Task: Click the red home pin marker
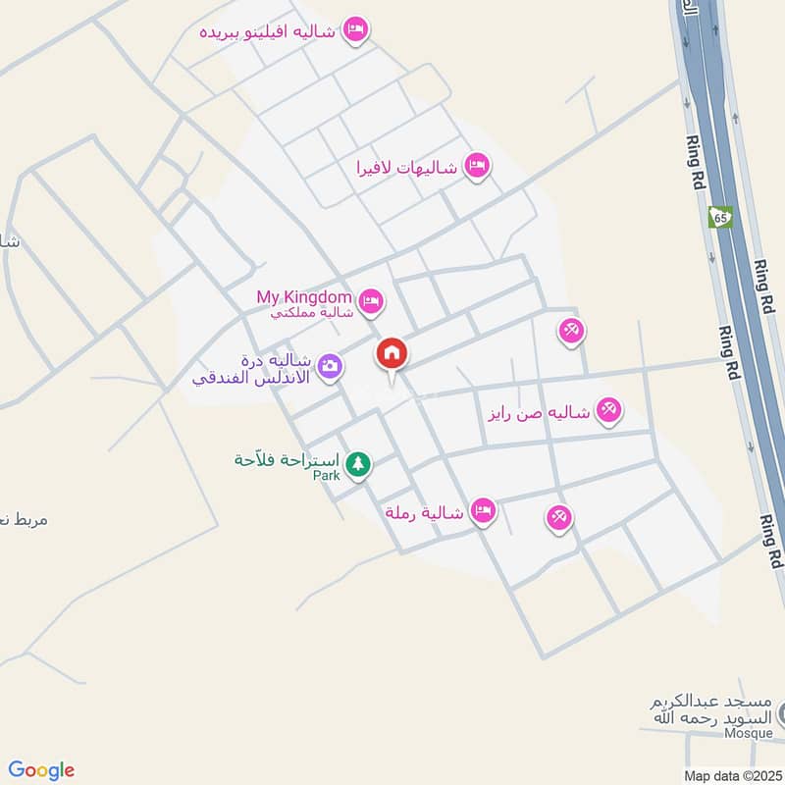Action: click(x=391, y=354)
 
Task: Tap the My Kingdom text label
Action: click(x=303, y=296)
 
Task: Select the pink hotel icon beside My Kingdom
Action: click(x=370, y=301)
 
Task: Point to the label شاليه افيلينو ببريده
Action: click(x=267, y=31)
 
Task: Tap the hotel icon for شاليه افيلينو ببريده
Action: click(x=355, y=30)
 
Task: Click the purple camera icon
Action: click(x=331, y=366)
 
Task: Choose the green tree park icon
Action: click(x=359, y=462)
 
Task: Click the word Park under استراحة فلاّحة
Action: click(x=326, y=476)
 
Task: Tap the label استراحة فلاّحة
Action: click(x=288, y=460)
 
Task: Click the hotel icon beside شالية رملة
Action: click(x=482, y=509)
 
